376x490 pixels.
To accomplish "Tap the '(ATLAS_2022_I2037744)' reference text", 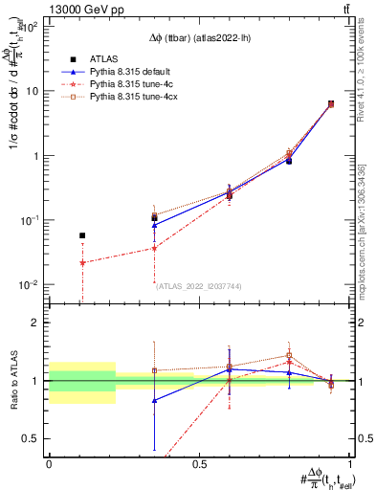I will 198,285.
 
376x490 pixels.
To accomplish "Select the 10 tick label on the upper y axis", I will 33,91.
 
